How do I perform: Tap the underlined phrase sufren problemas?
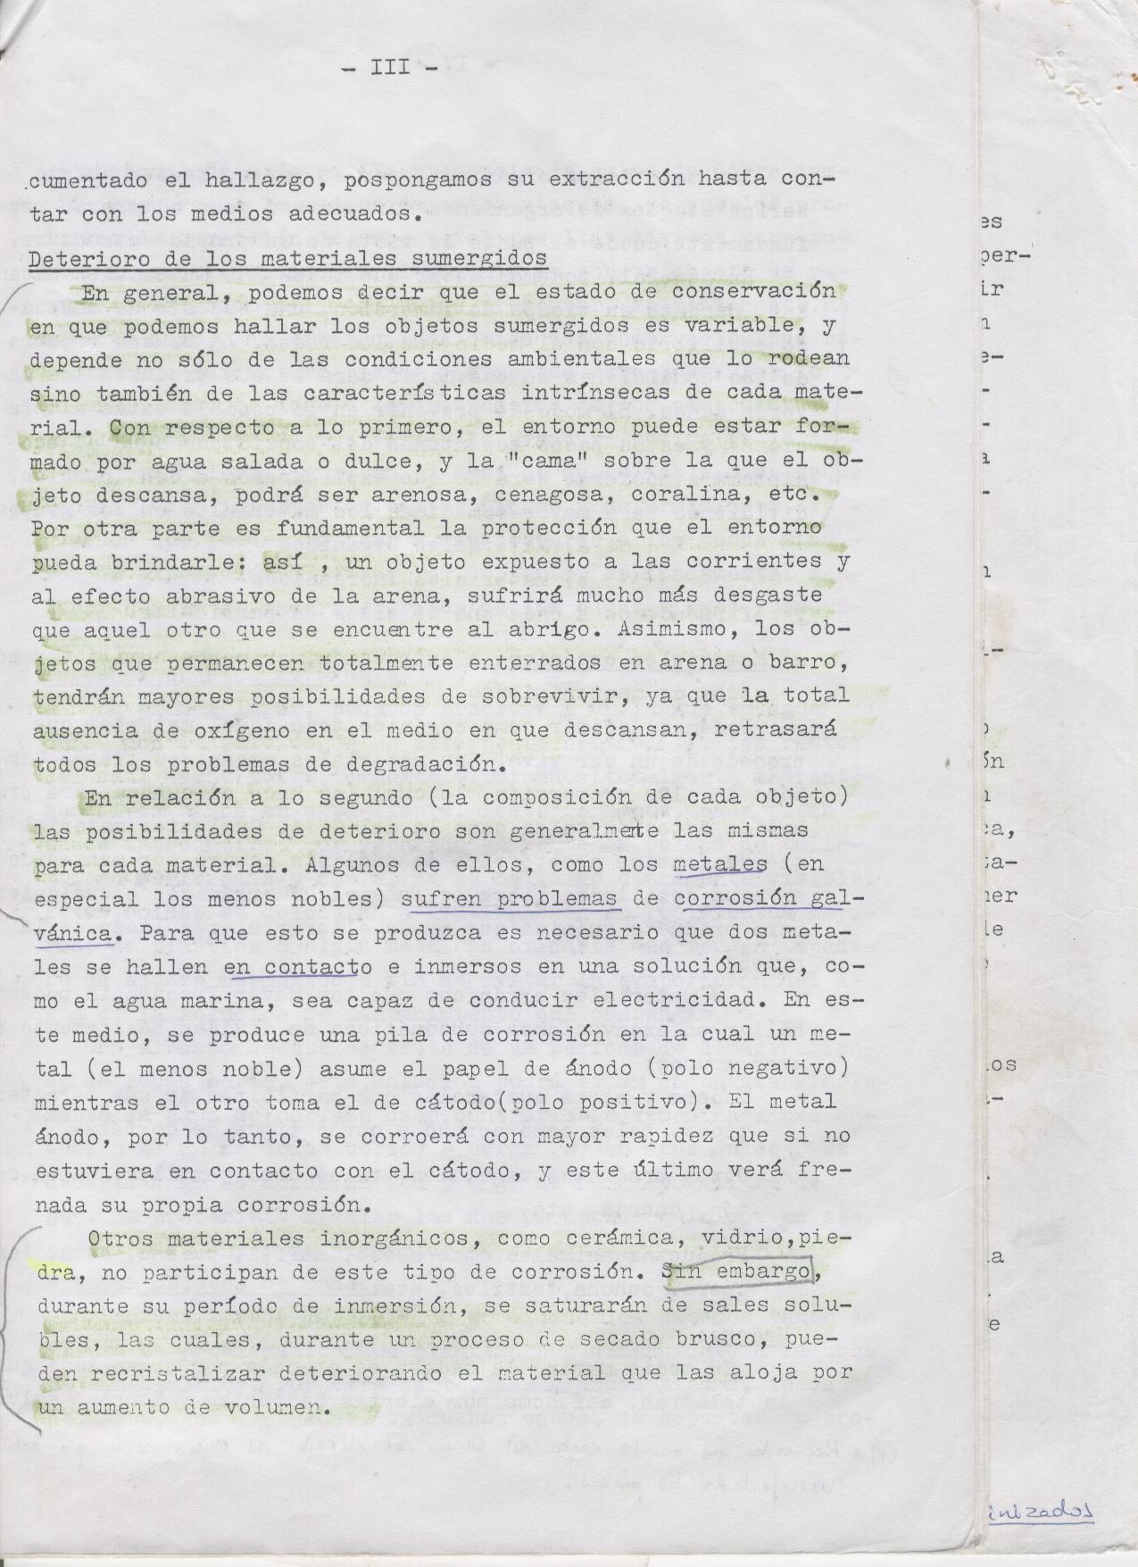pyautogui.click(x=511, y=899)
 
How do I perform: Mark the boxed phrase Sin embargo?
pyautogui.click(x=736, y=1271)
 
